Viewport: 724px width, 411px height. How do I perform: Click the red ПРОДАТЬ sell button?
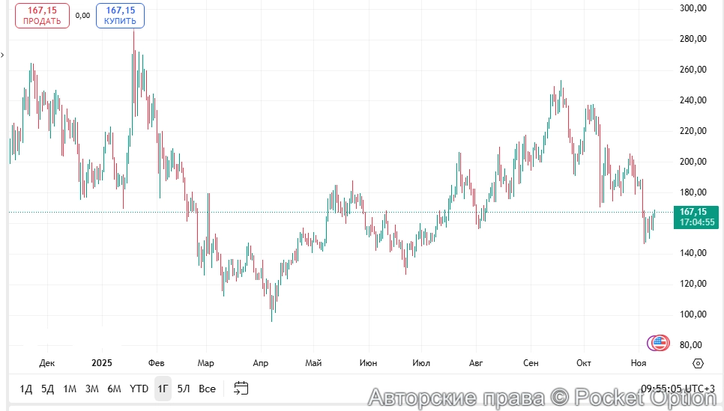click(x=42, y=16)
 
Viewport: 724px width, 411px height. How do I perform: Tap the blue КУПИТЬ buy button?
click(x=120, y=16)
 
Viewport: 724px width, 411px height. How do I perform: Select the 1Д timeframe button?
click(x=26, y=389)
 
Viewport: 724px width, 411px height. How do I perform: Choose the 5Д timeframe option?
click(x=48, y=389)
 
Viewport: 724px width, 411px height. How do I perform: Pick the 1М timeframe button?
click(x=70, y=389)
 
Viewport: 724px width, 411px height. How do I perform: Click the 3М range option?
click(x=92, y=389)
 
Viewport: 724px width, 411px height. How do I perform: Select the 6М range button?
click(x=114, y=389)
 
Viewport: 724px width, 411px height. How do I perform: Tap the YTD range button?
click(x=139, y=389)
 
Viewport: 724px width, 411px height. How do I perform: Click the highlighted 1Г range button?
click(x=163, y=389)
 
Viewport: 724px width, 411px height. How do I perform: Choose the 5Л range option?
click(x=184, y=389)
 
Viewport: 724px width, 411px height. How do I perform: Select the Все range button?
click(x=207, y=389)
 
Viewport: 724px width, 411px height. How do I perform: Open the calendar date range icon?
click(x=241, y=388)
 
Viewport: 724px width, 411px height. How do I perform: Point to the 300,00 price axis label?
click(x=693, y=8)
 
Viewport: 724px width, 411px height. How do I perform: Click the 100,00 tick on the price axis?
click(x=693, y=314)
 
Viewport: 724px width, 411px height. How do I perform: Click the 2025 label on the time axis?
click(x=101, y=363)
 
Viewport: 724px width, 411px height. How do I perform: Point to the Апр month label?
click(x=260, y=363)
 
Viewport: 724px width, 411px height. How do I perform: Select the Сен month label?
click(x=531, y=363)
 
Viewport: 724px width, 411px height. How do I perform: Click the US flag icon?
click(x=660, y=343)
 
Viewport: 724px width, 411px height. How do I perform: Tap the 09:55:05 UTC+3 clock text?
click(x=677, y=389)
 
